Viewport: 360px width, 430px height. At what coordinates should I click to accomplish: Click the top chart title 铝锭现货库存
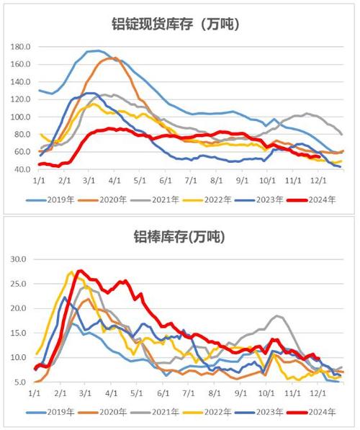(179, 24)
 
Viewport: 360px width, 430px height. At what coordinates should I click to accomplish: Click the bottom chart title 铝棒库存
(179, 236)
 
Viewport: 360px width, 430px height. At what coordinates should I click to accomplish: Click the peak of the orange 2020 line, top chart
(114, 58)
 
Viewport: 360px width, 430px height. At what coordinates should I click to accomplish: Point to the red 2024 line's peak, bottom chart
(80, 271)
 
